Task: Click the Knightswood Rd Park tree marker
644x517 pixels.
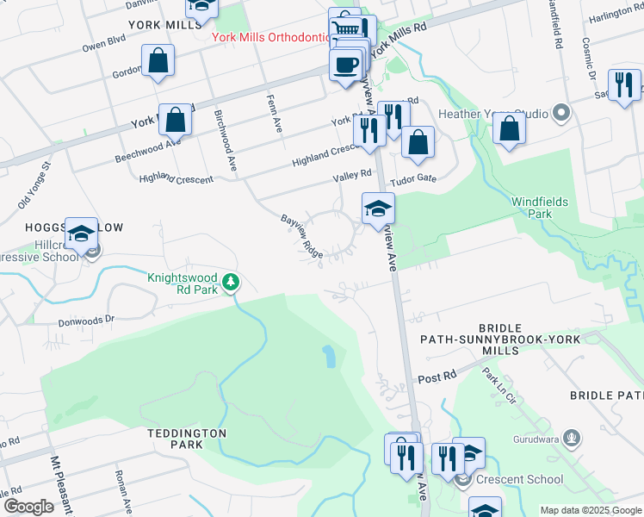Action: (x=231, y=282)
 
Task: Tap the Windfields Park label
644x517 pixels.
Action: (x=540, y=207)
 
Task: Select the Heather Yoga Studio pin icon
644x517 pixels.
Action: (x=561, y=113)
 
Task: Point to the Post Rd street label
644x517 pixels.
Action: (x=437, y=377)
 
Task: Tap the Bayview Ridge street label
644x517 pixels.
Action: (x=302, y=236)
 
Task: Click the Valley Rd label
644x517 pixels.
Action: (x=353, y=175)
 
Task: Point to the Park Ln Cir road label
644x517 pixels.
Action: (x=498, y=386)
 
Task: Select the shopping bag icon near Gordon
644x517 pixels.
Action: (x=158, y=60)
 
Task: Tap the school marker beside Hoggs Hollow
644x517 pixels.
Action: (x=82, y=234)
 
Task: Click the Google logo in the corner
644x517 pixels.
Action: (x=28, y=507)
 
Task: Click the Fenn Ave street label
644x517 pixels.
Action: (x=275, y=112)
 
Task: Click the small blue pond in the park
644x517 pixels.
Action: (x=328, y=356)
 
